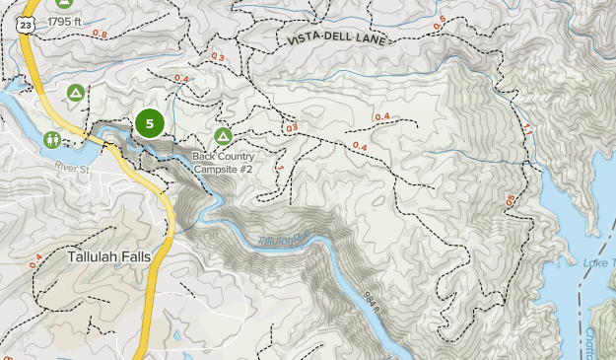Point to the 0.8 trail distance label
click(x=100, y=34)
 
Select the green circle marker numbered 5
click(x=149, y=123)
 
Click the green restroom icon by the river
click(x=53, y=140)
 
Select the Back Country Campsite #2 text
click(x=224, y=163)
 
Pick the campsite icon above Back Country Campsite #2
click(x=224, y=136)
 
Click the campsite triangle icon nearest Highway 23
click(x=75, y=94)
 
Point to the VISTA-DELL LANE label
click(x=334, y=37)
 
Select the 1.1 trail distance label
click(x=526, y=129)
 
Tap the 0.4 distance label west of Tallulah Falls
click(x=36, y=259)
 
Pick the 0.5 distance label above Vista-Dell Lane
click(x=439, y=20)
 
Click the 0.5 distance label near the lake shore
click(x=510, y=200)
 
